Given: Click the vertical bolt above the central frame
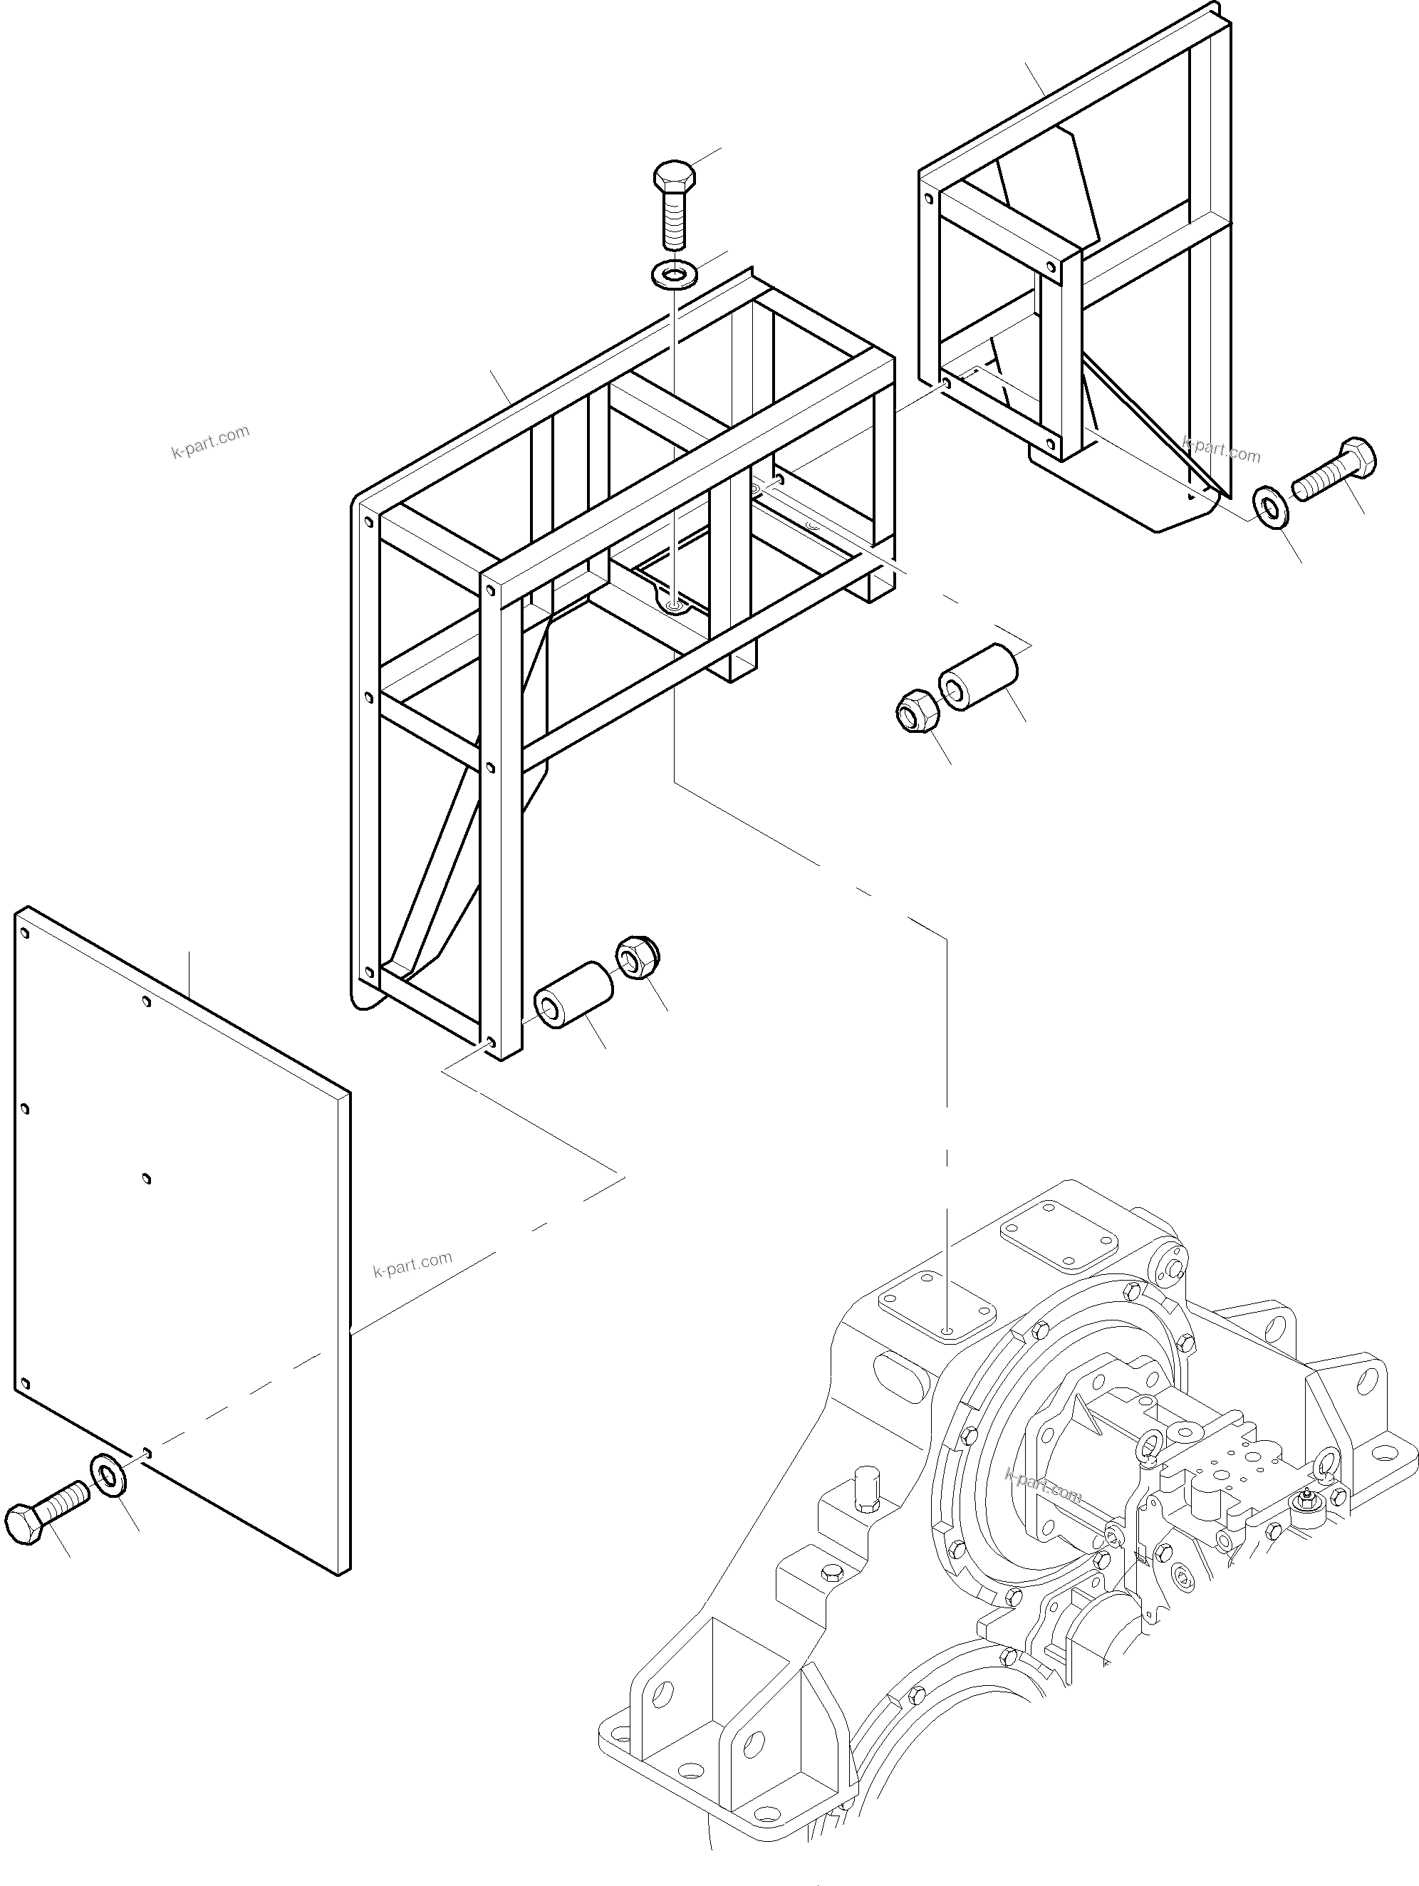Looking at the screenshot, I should (675, 204).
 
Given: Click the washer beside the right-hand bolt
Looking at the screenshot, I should (1272, 508).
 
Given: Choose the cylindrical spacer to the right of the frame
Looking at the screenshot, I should (979, 676).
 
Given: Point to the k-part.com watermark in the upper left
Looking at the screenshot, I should (211, 441).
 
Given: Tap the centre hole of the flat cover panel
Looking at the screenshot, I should (147, 1179).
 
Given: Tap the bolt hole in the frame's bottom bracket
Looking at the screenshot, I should (675, 606).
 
